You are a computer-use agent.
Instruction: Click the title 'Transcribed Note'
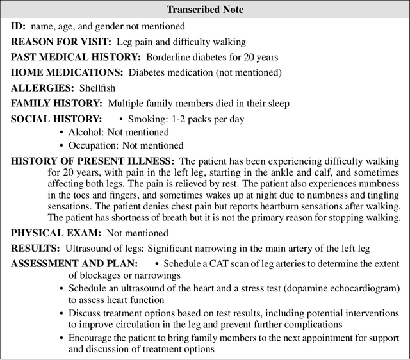[x=204, y=10]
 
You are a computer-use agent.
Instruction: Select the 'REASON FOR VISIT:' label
[x=61, y=42]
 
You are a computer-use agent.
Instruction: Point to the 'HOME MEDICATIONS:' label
[x=67, y=72]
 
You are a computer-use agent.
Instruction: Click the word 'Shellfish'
[x=99, y=88]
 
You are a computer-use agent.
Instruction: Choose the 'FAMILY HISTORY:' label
[x=56, y=102]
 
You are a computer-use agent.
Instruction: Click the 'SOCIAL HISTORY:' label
[x=56, y=119]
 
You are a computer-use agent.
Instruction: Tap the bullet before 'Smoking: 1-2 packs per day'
[x=121, y=119]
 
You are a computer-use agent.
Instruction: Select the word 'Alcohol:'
[x=86, y=131]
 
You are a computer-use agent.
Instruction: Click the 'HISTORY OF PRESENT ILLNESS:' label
[x=92, y=160]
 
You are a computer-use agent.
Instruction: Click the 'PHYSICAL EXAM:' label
[x=54, y=233]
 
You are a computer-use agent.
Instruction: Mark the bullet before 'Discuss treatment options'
[x=61, y=313]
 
